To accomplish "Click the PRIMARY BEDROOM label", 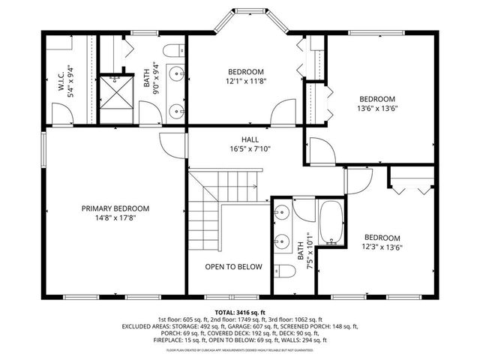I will [x=115, y=208].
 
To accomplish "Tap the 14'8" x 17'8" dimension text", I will [x=115, y=219].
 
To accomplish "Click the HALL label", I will [x=250, y=139].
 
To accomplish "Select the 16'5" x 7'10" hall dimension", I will [x=250, y=149].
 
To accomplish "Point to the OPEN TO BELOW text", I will [x=234, y=266].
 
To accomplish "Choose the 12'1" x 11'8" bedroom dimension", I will [x=247, y=81].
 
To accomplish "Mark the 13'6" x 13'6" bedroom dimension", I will [x=376, y=108].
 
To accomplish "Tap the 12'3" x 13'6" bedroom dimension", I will [x=382, y=247].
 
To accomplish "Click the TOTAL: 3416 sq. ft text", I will [x=241, y=311].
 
